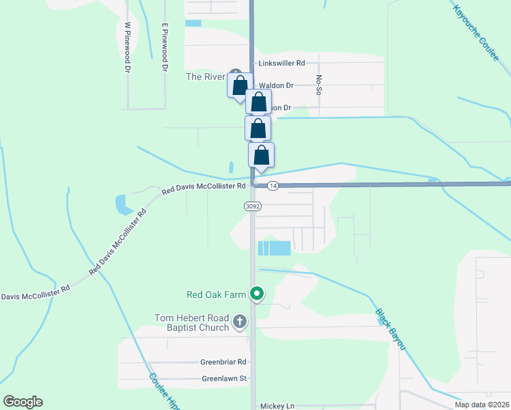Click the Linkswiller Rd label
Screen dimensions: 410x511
pyautogui.click(x=281, y=63)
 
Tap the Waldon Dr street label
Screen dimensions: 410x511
pyautogui.click(x=276, y=85)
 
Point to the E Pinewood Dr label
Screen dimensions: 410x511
pyautogui.click(x=165, y=47)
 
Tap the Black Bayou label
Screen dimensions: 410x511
pyautogui.click(x=391, y=329)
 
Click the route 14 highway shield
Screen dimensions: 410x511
pyautogui.click(x=273, y=185)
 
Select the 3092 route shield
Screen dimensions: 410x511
pyautogui.click(x=251, y=205)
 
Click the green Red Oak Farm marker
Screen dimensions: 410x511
pyautogui.click(x=257, y=295)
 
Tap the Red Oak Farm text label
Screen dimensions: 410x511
pyautogui.click(x=216, y=295)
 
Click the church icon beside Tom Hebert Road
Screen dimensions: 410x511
pyautogui.click(x=240, y=321)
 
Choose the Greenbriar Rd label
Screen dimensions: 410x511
pyautogui.click(x=223, y=362)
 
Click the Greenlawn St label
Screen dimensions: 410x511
pyautogui.click(x=223, y=378)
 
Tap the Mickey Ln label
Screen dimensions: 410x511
pyautogui.click(x=277, y=406)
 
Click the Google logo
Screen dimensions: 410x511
pyautogui.click(x=23, y=402)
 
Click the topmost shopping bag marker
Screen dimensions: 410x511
pyautogui.click(x=239, y=86)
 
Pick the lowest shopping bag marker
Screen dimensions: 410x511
pyautogui.click(x=261, y=155)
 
